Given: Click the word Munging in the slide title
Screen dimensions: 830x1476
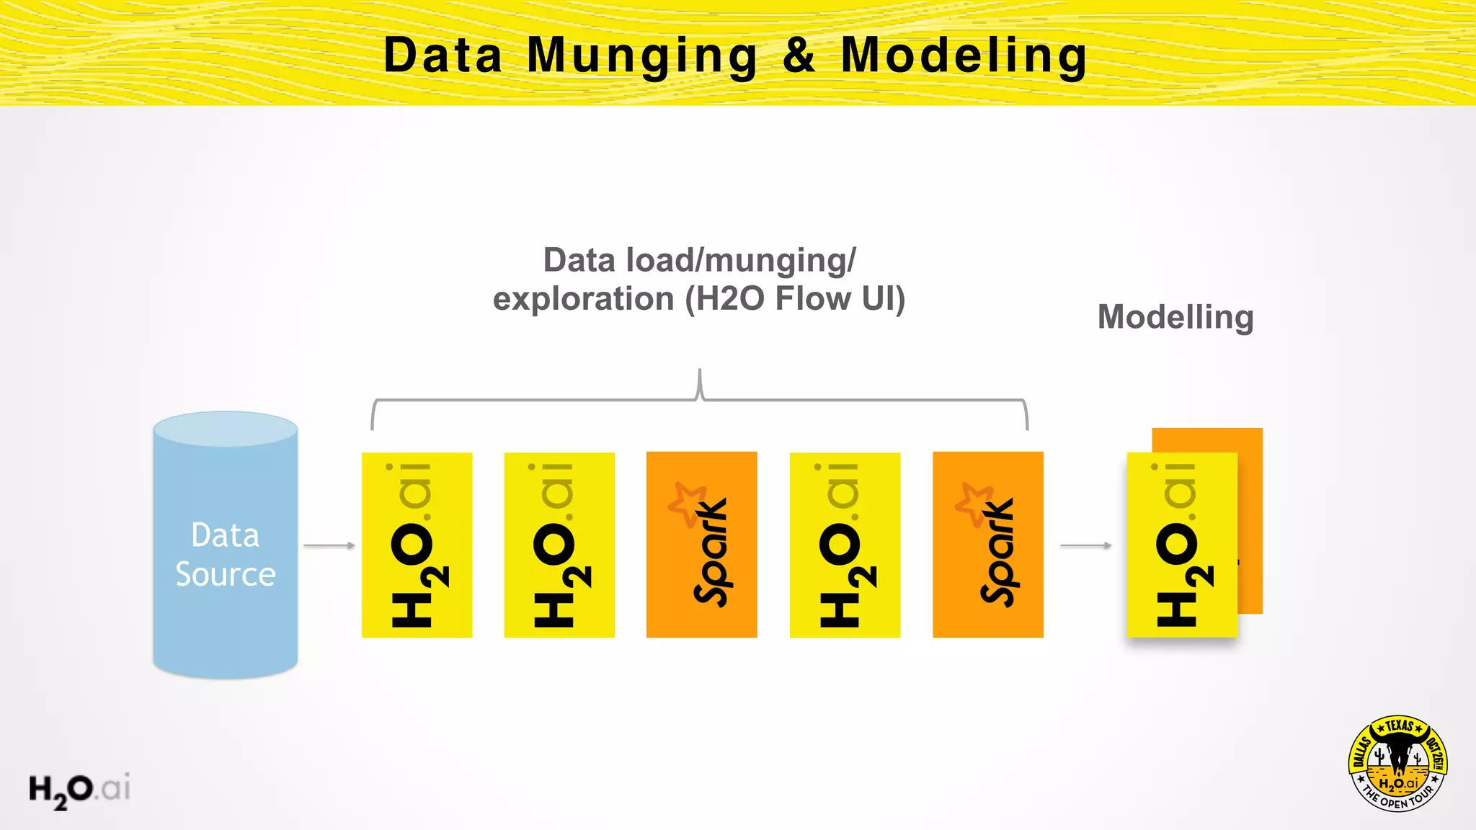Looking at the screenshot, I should pyautogui.click(x=641, y=56).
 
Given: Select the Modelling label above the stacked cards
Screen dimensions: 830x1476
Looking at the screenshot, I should pyautogui.click(x=1175, y=317).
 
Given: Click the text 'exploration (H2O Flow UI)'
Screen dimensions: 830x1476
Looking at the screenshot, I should pyautogui.click(x=698, y=299).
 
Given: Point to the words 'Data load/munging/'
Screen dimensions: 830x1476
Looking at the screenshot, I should pyautogui.click(x=699, y=260).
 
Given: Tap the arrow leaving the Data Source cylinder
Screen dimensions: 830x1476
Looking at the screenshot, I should pyautogui.click(x=329, y=545).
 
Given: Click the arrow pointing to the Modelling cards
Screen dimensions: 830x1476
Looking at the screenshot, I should pyautogui.click(x=1086, y=545).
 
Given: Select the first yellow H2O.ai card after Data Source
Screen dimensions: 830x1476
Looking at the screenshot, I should pyautogui.click(x=417, y=545).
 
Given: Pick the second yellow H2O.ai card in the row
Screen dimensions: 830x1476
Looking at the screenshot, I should pyautogui.click(x=559, y=545).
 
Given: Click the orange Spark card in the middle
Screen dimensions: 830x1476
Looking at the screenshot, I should pyautogui.click(x=701, y=545).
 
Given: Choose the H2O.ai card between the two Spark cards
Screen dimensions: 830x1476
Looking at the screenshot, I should pyautogui.click(x=845, y=545).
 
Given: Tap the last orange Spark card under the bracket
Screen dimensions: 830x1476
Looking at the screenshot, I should pyautogui.click(x=987, y=545).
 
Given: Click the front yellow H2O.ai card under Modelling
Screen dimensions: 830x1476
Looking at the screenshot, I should pyautogui.click(x=1182, y=545).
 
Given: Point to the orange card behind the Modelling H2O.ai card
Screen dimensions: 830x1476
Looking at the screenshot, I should pyautogui.click(x=1250, y=519).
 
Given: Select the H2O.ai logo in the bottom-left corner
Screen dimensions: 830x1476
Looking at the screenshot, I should pyautogui.click(x=79, y=790).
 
